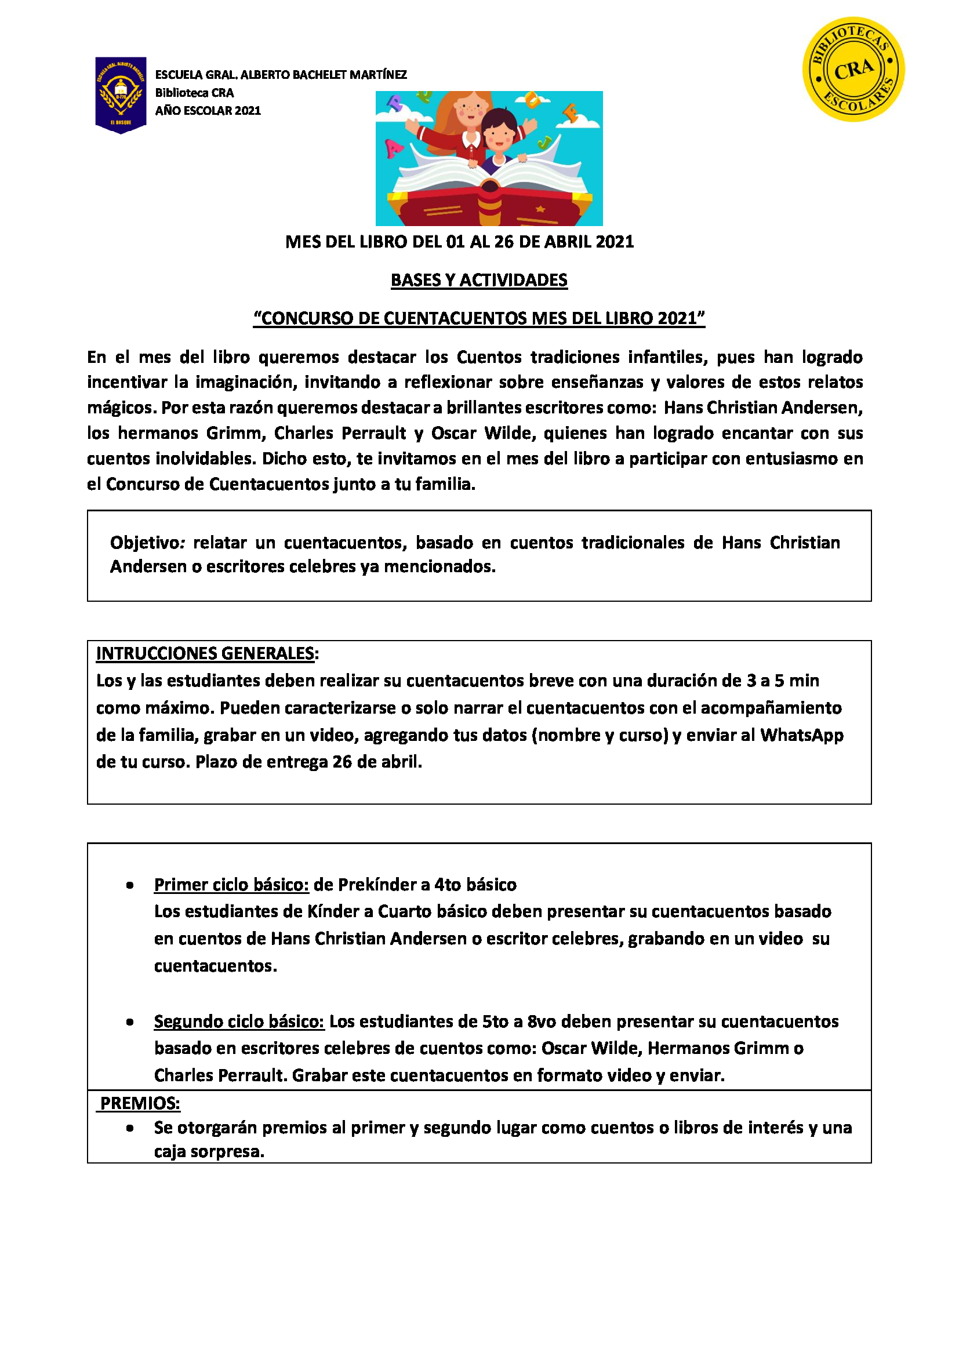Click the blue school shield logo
(x=121, y=94)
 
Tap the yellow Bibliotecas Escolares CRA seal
(x=853, y=69)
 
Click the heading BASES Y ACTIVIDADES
(x=479, y=280)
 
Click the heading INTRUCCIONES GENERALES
(x=205, y=653)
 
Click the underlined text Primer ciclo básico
(x=231, y=885)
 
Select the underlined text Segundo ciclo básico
(x=239, y=1021)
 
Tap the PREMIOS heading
(x=140, y=1103)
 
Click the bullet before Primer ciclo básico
(x=129, y=885)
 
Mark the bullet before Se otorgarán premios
(x=129, y=1128)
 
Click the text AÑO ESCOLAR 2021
(x=208, y=111)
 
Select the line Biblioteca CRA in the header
(x=194, y=93)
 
